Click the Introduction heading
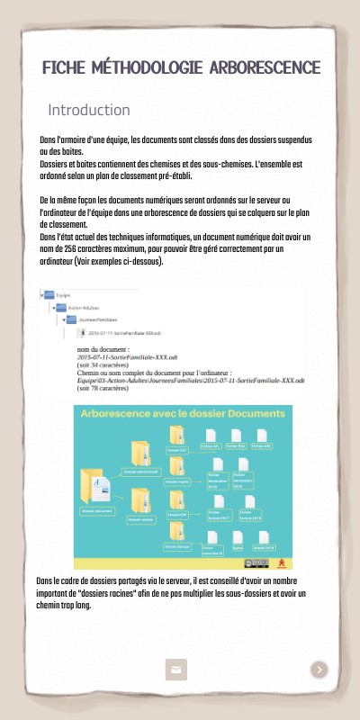click(x=89, y=110)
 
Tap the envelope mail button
click(x=175, y=669)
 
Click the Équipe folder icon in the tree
click(x=48, y=294)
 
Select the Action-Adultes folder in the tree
click(x=63, y=307)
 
